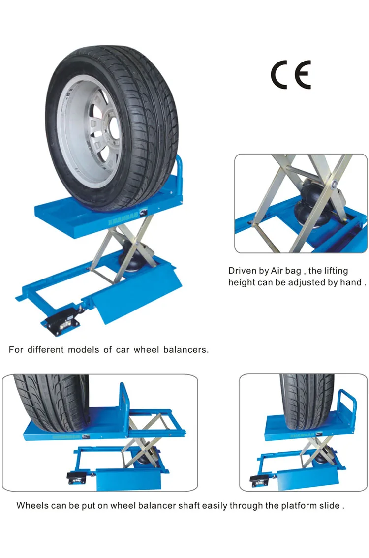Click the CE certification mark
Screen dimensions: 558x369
(290, 75)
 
